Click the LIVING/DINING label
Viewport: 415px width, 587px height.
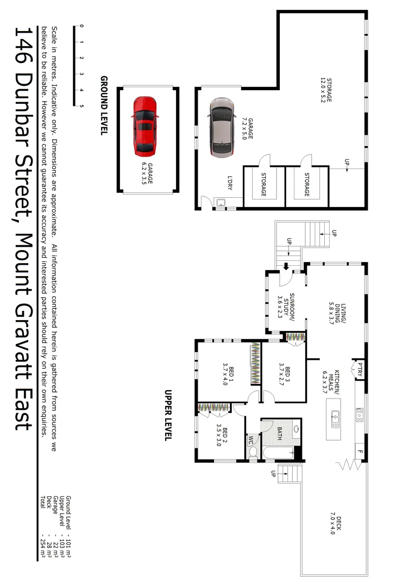pos(333,313)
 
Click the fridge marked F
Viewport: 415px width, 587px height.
pos(359,451)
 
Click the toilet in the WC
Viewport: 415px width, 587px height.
pos(253,451)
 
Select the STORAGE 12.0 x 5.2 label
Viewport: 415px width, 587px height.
pos(325,90)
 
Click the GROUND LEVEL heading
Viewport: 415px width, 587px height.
pos(104,105)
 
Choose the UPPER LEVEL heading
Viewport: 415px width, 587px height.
pos(168,415)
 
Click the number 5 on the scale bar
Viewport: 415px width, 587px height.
pos(81,105)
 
